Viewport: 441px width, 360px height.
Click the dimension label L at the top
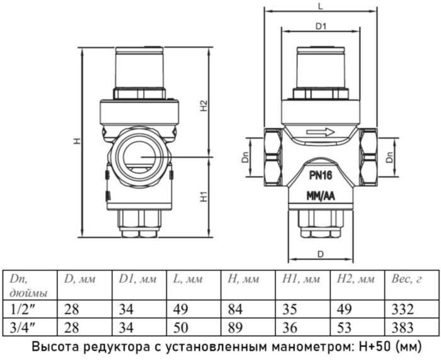[x=321, y=6]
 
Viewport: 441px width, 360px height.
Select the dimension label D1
[x=321, y=26]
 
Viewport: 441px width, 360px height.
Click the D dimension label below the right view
[x=321, y=254]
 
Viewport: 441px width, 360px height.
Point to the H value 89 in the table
[x=234, y=327]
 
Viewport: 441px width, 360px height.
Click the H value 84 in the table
[x=234, y=310]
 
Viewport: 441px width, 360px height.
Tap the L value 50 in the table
[x=180, y=327]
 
